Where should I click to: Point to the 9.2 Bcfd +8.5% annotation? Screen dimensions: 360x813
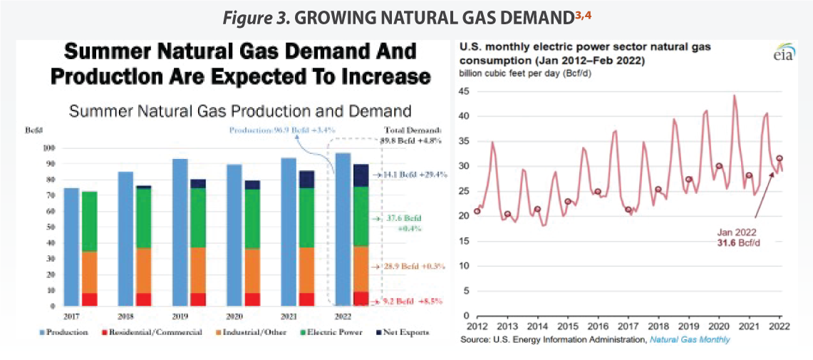point(407,303)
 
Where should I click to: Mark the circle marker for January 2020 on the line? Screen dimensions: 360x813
point(719,166)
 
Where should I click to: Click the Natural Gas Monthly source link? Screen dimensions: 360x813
point(690,340)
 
